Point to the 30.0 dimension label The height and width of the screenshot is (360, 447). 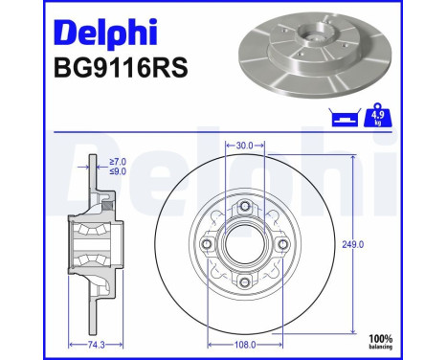pyautogui.click(x=244, y=146)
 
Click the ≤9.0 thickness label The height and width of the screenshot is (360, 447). pyautogui.click(x=116, y=173)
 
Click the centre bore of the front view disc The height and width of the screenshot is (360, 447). pyautogui.click(x=245, y=244)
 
